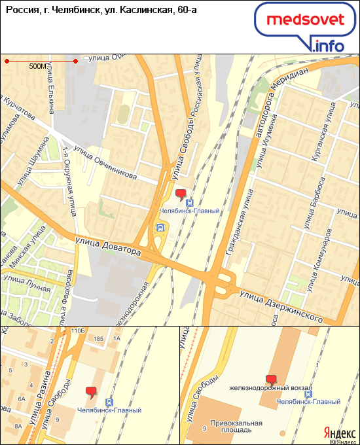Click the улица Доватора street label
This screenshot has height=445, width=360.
click(107, 247)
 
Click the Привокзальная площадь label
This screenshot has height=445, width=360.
click(236, 427)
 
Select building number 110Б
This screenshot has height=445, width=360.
click(79, 332)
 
